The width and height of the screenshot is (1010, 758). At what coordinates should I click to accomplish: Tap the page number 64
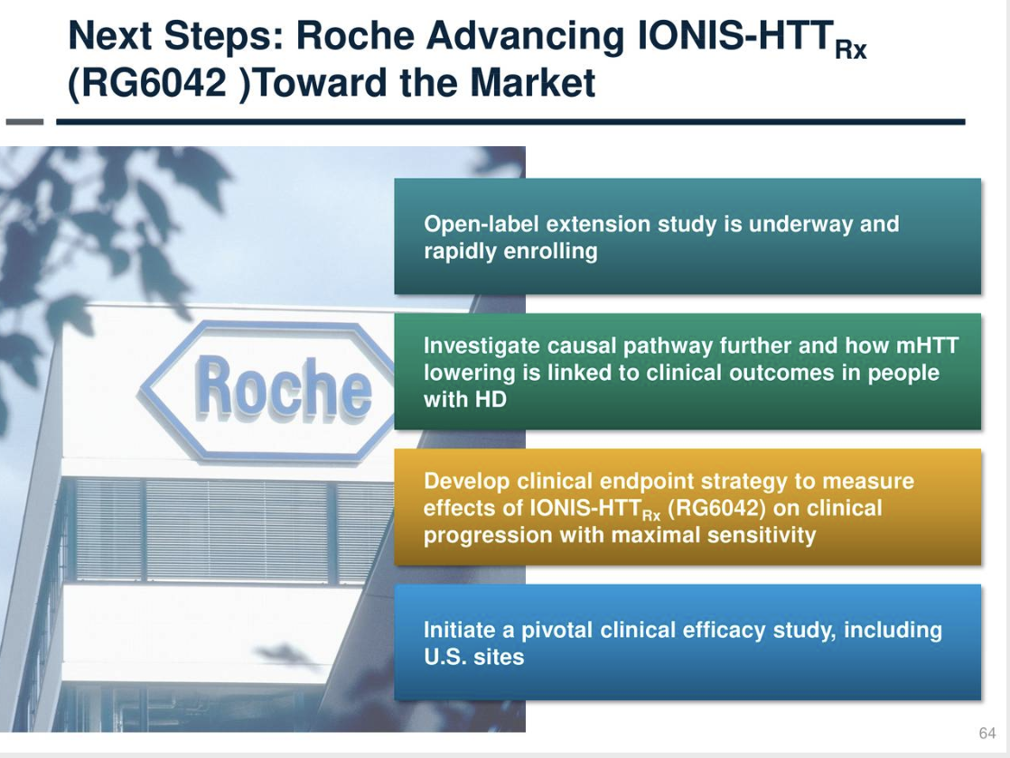[x=987, y=733]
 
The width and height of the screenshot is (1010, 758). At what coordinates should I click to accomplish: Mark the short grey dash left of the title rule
[x=24, y=121]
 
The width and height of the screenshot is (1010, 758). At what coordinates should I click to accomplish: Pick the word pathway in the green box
[x=665, y=346]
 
